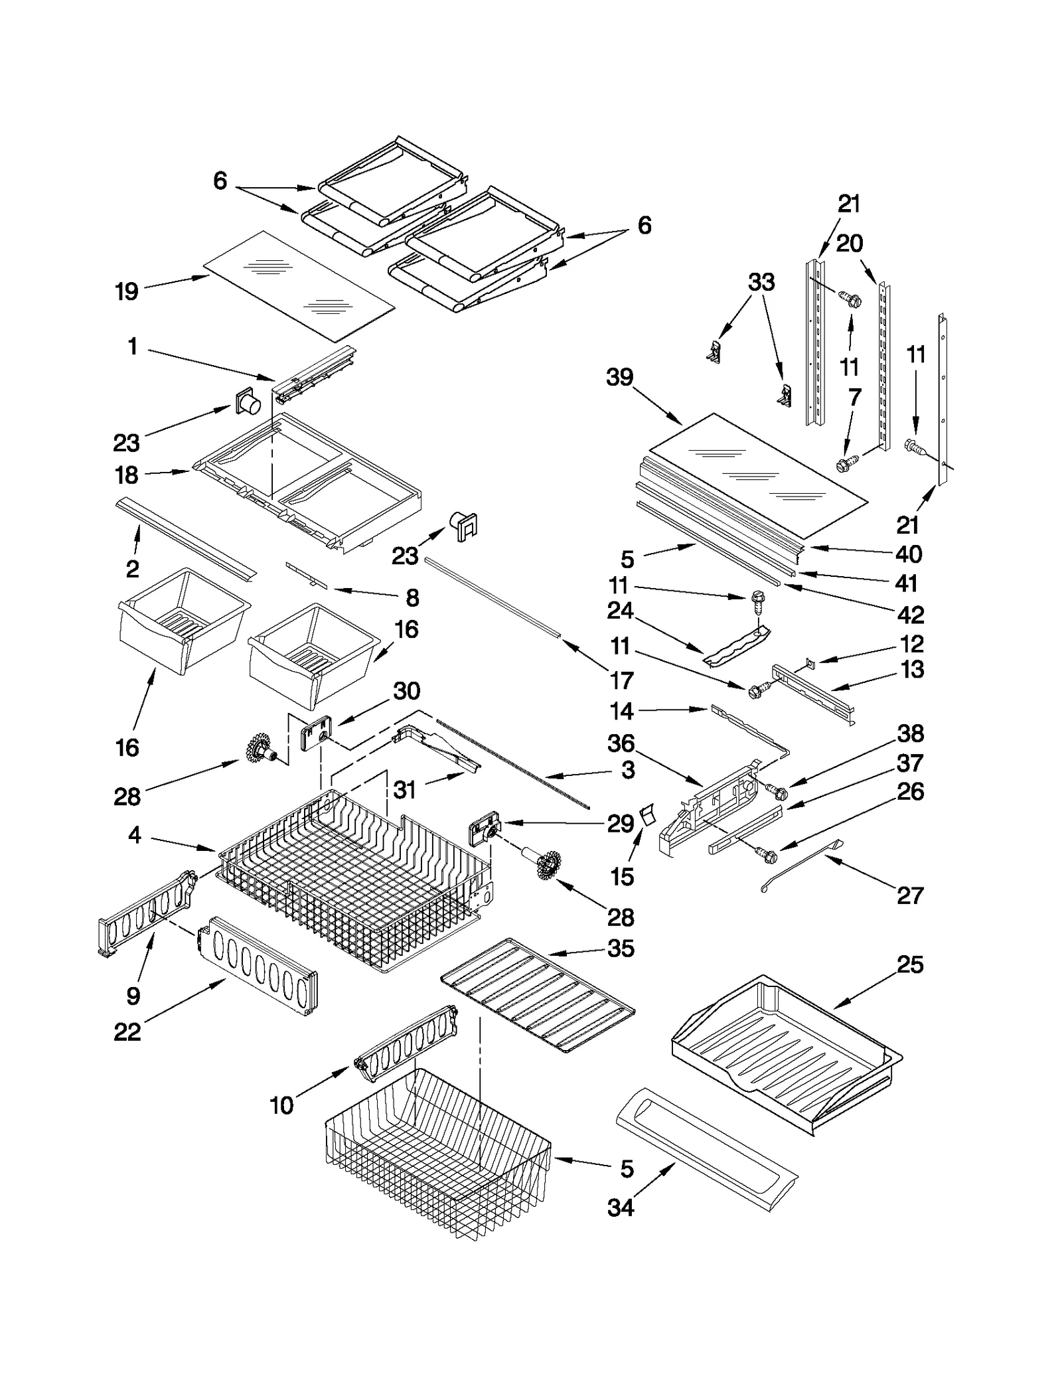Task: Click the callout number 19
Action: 127,291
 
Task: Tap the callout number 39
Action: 620,378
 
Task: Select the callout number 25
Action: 910,964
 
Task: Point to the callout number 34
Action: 621,1207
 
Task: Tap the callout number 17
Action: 622,680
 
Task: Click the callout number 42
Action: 910,615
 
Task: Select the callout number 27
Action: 910,895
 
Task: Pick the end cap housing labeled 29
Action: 483,832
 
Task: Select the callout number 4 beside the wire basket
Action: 135,835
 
